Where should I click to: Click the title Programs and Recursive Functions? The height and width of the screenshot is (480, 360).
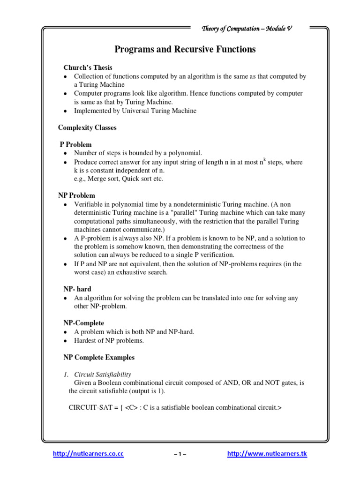pos(185,49)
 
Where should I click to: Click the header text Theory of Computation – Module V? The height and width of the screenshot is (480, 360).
pos(247,29)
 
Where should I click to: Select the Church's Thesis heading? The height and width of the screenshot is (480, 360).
pos(88,67)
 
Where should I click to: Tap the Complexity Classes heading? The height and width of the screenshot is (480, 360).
pos(87,127)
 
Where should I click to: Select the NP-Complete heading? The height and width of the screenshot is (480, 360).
pos(83,323)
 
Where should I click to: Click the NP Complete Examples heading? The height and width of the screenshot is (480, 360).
pos(99,357)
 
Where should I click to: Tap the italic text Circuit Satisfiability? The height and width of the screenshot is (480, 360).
pos(104,374)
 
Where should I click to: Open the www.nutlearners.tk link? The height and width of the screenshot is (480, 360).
pos(267,454)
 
